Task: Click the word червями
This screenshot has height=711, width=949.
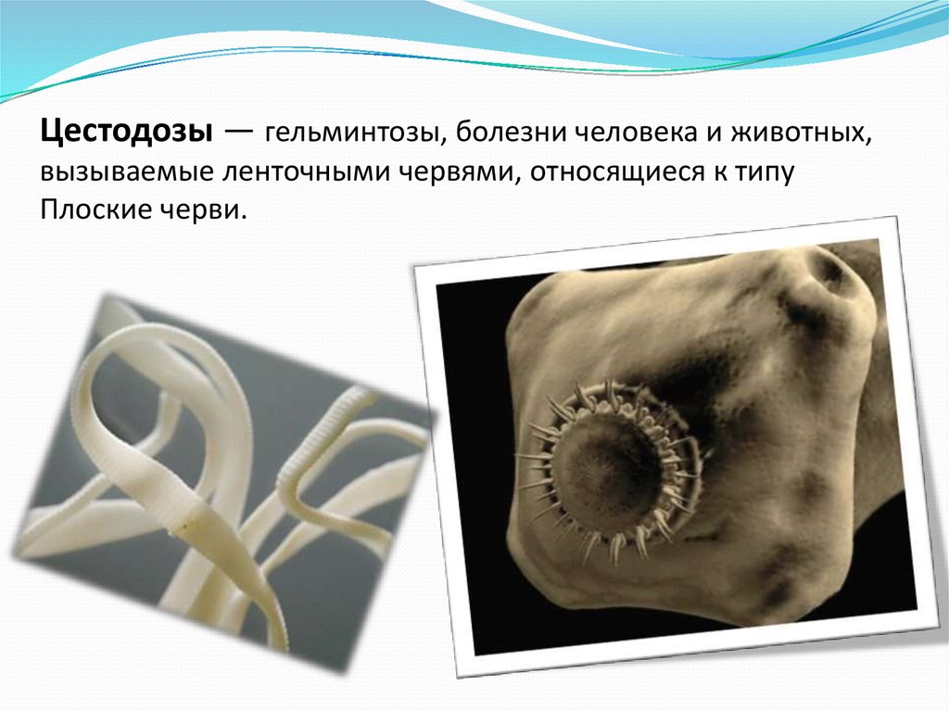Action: (460, 172)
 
